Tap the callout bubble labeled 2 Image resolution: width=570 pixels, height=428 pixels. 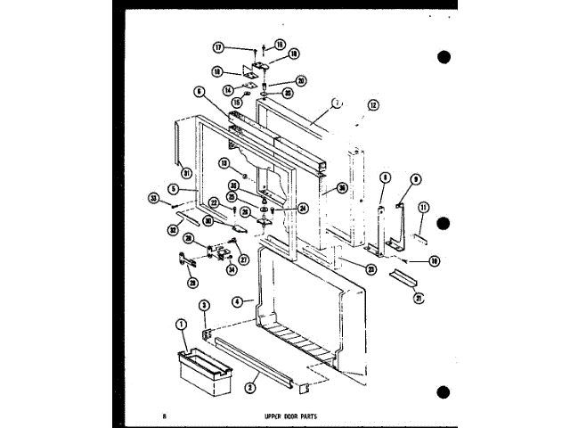(x=252, y=390)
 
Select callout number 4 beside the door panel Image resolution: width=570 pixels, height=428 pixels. (x=238, y=302)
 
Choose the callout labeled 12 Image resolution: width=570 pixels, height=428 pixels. (x=373, y=105)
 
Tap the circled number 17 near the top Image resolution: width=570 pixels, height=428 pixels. (x=217, y=47)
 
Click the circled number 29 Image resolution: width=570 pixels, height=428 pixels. (x=192, y=283)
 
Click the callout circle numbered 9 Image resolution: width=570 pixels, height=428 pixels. (x=416, y=178)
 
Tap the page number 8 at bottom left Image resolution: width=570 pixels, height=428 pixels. (x=165, y=416)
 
